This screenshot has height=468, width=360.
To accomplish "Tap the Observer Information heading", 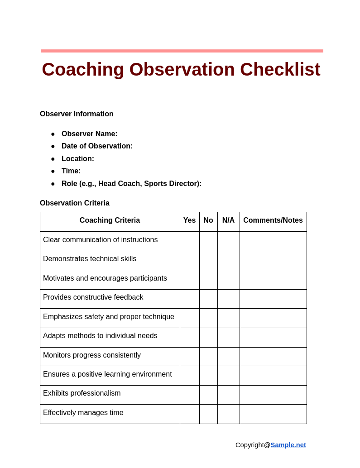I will (x=77, y=114).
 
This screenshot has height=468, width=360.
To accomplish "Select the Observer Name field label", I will (x=89, y=134).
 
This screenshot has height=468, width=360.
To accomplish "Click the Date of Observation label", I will (x=97, y=146).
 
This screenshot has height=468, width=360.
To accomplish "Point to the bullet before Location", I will (x=53, y=159).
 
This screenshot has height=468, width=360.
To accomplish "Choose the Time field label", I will (x=71, y=171).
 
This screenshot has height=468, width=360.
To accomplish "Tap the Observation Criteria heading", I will (x=75, y=203).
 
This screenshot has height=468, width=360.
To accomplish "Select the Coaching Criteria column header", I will (x=110, y=220).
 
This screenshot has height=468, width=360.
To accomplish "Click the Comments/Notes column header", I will (x=273, y=220).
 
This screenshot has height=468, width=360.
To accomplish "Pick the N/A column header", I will (x=228, y=220).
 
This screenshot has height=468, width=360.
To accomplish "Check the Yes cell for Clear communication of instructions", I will (x=189, y=241).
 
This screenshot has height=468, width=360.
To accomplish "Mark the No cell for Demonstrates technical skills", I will (x=208, y=261).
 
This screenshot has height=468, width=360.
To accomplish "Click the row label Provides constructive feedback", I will (x=93, y=297).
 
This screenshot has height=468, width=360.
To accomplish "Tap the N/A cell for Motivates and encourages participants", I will (x=228, y=280).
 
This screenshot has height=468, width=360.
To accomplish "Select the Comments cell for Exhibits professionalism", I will (x=273, y=395).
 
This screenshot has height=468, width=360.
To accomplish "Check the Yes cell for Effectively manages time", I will (x=189, y=414).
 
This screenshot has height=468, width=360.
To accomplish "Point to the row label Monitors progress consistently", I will (x=92, y=355).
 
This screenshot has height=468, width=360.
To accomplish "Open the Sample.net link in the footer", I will (x=288, y=445).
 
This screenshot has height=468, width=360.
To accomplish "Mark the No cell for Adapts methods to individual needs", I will (x=208, y=338).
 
